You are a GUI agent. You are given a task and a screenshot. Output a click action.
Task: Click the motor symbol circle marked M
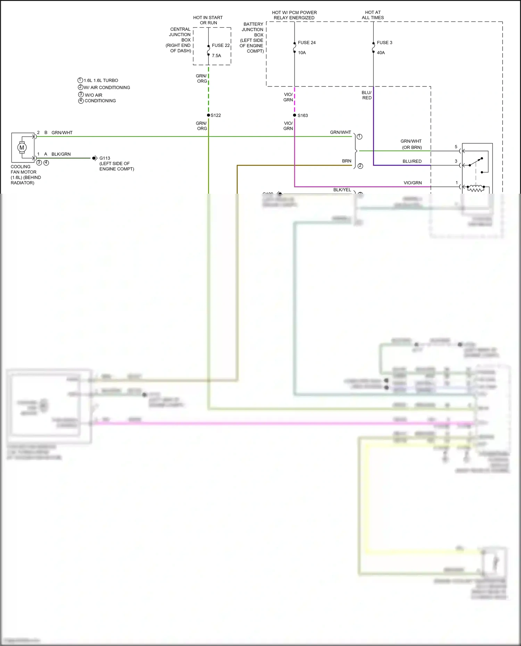tap(22, 148)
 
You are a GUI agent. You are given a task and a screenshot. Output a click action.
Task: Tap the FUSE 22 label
tap(221, 45)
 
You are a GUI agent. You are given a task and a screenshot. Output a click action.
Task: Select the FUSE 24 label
tap(307, 43)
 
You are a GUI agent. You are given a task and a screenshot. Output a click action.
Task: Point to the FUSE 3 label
tap(384, 43)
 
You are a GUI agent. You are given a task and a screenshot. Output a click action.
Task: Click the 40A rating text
tap(381, 53)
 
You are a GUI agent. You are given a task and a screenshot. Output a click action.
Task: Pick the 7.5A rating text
tap(216, 56)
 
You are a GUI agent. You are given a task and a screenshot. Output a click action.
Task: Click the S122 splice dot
tap(208, 115)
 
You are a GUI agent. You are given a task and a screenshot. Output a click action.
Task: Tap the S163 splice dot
tap(295, 115)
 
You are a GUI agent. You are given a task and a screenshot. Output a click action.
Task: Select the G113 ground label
tap(105, 158)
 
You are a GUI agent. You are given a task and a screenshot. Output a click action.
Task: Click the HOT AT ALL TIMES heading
tap(373, 15)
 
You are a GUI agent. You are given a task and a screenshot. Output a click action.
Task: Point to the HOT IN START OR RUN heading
tap(208, 20)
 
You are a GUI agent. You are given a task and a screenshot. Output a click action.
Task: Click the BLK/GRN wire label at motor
tap(61, 154)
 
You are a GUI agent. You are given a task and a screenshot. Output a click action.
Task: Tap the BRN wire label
tap(346, 161)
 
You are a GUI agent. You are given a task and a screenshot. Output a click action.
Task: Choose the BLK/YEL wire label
tap(342, 190)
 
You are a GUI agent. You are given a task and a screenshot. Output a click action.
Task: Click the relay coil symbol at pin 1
tap(476, 189)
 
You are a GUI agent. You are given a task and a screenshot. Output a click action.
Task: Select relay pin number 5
tap(456, 147)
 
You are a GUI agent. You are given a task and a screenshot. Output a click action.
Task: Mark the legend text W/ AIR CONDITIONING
tap(107, 87)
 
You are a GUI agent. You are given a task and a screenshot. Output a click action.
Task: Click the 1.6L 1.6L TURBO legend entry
tap(101, 80)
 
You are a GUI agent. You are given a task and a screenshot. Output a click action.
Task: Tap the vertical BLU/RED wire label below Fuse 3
tap(367, 95)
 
